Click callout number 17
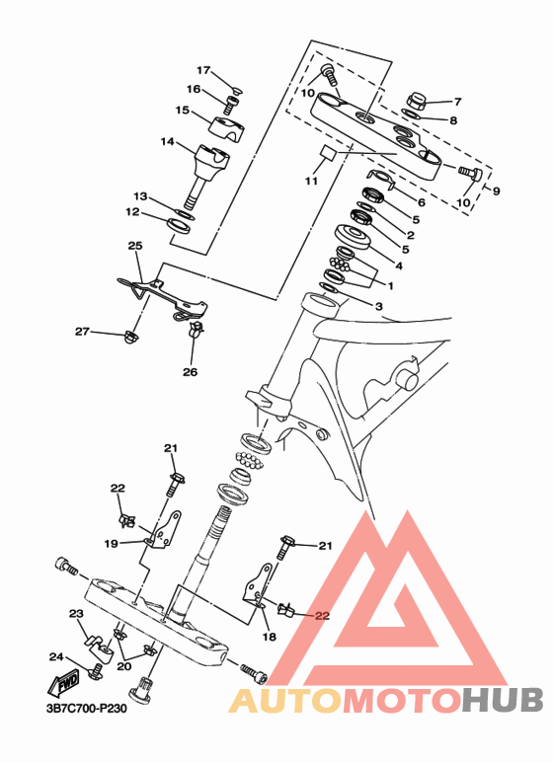203,70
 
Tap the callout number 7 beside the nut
457,102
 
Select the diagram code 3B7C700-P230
86,708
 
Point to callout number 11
311,181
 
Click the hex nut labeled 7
417,101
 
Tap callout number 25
135,246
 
